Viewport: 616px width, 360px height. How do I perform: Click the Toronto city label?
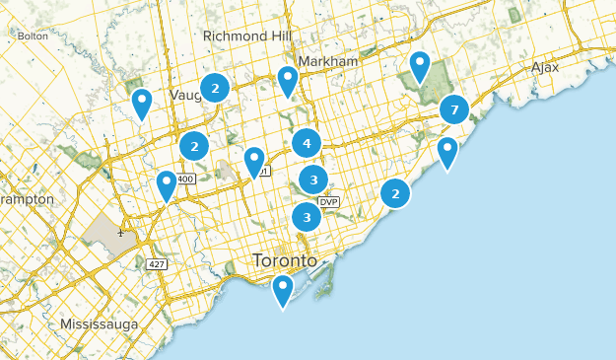click(x=285, y=261)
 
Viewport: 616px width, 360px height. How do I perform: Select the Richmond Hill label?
click(x=247, y=36)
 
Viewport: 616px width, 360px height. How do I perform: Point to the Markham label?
click(x=326, y=61)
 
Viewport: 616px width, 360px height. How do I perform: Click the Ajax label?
click(x=545, y=67)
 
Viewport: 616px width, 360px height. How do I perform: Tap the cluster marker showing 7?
click(x=454, y=109)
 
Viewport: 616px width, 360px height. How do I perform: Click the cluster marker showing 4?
click(x=307, y=143)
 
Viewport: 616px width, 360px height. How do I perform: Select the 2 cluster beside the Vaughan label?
click(x=215, y=88)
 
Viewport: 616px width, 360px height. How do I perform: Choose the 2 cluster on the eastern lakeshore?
click(x=395, y=193)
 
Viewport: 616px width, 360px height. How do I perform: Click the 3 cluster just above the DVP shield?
click(x=313, y=180)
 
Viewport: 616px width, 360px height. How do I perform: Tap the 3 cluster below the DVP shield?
click(x=307, y=217)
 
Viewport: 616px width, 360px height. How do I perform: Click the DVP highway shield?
click(x=328, y=201)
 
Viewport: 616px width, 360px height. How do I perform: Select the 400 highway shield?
click(x=187, y=179)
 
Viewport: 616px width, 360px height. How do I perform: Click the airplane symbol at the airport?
click(x=120, y=233)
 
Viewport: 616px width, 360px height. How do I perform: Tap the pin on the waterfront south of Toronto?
click(x=283, y=288)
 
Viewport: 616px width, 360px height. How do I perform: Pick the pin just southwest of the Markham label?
click(x=287, y=79)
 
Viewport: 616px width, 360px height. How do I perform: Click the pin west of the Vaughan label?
click(x=142, y=102)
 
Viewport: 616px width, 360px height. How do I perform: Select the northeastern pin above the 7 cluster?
click(x=420, y=65)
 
